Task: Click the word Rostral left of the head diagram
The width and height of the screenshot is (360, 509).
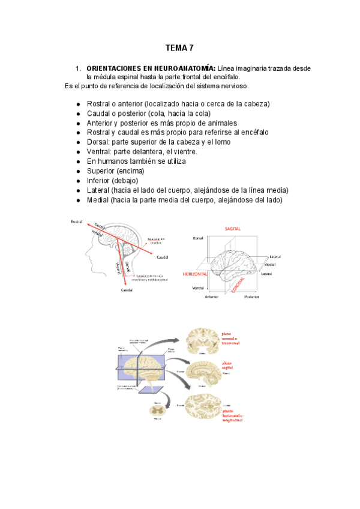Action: pyautogui.click(x=77, y=222)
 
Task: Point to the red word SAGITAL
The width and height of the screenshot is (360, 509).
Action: pyautogui.click(x=233, y=229)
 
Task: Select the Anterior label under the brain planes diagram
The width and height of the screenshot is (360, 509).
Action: pyautogui.click(x=212, y=297)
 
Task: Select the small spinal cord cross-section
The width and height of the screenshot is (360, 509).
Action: pyautogui.click(x=157, y=411)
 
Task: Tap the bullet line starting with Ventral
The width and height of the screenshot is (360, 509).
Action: pyautogui.click(x=146, y=151)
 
